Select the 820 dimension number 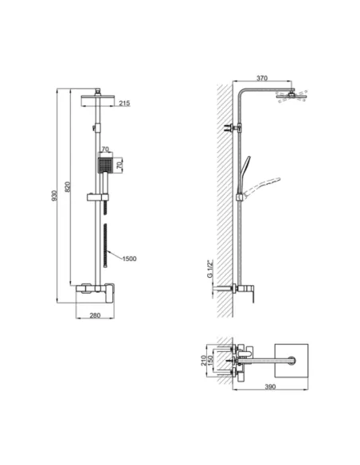(69, 189)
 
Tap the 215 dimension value (124, 104)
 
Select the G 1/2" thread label (210, 272)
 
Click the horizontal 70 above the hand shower (106, 148)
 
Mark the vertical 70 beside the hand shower (120, 165)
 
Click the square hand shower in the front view (101, 165)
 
